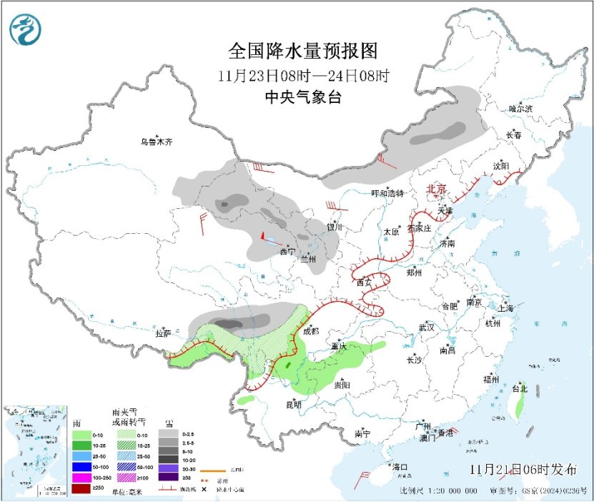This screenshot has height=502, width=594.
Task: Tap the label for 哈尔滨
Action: point(520,109)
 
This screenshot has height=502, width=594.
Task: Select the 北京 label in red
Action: point(436,189)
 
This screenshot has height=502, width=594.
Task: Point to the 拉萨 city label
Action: point(163,333)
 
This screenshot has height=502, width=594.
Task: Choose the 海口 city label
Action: point(400,467)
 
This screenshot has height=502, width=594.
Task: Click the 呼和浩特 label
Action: point(387,193)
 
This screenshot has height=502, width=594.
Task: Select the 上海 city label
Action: point(506,308)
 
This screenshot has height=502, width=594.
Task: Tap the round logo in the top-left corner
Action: point(26,29)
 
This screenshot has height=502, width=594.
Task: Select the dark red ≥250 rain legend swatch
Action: point(81,488)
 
